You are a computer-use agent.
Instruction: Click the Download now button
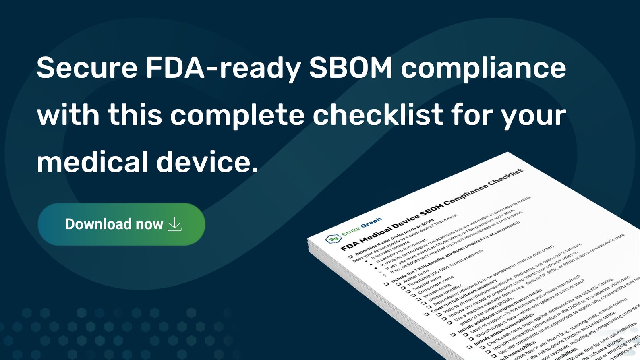click(121, 224)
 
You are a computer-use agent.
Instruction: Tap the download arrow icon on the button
click(175, 224)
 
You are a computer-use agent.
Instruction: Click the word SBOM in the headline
click(350, 68)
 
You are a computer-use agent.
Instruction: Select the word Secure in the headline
click(87, 68)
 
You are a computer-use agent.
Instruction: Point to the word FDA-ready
click(223, 68)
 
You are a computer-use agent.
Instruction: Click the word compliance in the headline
click(483, 68)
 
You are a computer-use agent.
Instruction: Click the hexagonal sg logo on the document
click(333, 239)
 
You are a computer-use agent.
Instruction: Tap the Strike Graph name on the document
click(361, 227)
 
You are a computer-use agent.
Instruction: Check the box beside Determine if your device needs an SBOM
click(350, 257)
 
